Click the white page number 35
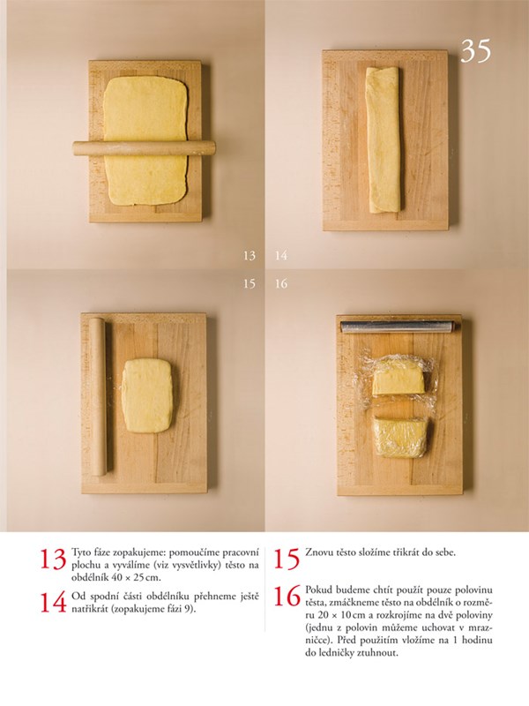[x=476, y=51]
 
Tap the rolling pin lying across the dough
[x=144, y=148]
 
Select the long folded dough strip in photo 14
[x=383, y=139]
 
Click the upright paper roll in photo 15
[x=100, y=396]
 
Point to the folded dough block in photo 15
[x=147, y=395]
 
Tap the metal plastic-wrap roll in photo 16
[x=398, y=327]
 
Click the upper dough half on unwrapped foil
[x=398, y=377]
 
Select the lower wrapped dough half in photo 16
[x=401, y=437]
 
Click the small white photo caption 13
[x=250, y=256]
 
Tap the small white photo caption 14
[x=281, y=256]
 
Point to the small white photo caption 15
[x=250, y=283]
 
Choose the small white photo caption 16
[x=281, y=283]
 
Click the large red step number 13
[x=53, y=559]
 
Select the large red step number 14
[x=53, y=603]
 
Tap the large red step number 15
[x=287, y=559]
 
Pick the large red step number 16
[x=287, y=597]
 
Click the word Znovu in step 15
[x=317, y=552]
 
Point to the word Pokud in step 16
[x=317, y=590]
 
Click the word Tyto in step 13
[x=80, y=552]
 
